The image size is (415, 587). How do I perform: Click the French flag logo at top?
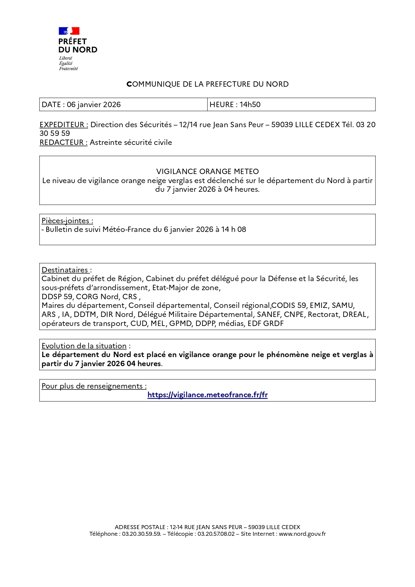click(x=69, y=31)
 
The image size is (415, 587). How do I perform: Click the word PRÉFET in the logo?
click(x=73, y=41)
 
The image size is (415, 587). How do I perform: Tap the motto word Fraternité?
click(x=69, y=69)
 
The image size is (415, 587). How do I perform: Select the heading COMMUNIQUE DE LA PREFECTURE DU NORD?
click(x=207, y=84)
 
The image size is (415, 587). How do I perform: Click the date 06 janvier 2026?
click(x=94, y=104)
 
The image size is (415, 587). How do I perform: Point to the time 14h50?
click(x=250, y=104)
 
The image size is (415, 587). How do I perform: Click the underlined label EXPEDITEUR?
click(x=64, y=124)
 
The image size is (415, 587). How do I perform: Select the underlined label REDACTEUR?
click(x=63, y=142)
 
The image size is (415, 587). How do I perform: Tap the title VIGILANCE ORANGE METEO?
click(x=207, y=171)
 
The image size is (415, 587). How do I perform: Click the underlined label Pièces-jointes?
click(x=67, y=221)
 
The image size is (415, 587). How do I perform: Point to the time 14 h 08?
click(x=233, y=229)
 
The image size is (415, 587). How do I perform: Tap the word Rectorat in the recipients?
click(x=323, y=314)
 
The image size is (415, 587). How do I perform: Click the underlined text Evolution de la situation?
click(x=84, y=346)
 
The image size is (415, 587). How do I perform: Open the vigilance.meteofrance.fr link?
click(x=207, y=395)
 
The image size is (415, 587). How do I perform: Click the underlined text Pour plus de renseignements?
click(x=94, y=386)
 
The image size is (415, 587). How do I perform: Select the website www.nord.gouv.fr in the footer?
click(x=302, y=534)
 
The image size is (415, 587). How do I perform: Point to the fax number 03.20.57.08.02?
click(x=216, y=534)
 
